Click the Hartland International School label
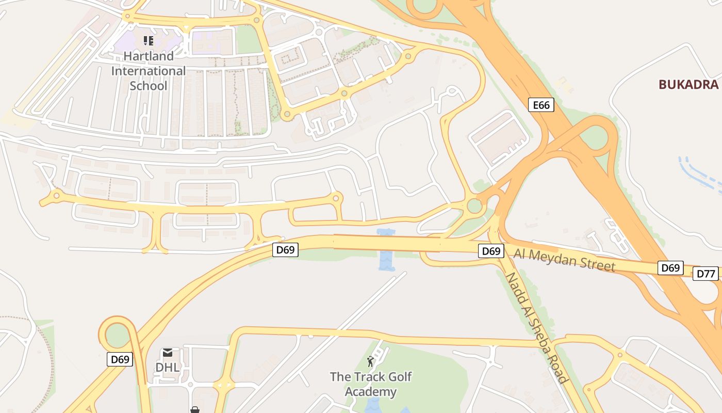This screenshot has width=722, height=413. click(149, 71)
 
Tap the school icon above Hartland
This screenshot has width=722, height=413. click(149, 41)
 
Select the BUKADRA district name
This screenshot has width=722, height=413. click(688, 85)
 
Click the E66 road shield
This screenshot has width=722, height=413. click(541, 105)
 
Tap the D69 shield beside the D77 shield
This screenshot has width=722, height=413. click(670, 268)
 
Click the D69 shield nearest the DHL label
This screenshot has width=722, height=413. click(120, 359)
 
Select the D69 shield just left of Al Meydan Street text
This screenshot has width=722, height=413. click(491, 251)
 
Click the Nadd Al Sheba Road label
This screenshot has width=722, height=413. click(536, 328)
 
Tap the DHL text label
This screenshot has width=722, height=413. click(168, 368)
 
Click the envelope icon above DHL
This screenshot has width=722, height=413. click(168, 353)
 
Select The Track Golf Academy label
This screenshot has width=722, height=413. click(371, 384)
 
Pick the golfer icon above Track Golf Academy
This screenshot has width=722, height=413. click(370, 361)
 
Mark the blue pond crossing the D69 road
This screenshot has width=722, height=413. click(386, 250)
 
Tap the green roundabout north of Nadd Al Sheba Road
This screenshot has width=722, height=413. click(474, 206)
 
